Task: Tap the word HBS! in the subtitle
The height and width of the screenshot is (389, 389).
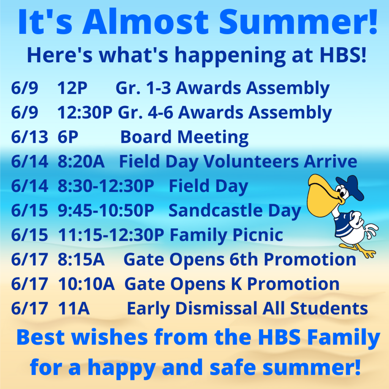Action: [x=343, y=55]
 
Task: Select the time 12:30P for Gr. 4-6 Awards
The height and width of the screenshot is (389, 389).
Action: [x=85, y=112]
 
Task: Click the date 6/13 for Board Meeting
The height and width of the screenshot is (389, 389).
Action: [x=30, y=137]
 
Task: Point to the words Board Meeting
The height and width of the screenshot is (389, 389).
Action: [x=184, y=137]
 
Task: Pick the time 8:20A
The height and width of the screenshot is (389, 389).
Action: [x=81, y=161]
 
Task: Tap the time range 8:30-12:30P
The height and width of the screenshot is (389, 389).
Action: [x=106, y=186]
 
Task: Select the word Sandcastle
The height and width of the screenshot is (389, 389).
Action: [x=216, y=210]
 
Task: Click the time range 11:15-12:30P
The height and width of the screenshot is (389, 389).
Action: [x=111, y=235]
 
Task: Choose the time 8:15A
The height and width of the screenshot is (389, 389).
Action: [x=81, y=259]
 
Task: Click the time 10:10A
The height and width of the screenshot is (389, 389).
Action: [x=86, y=284]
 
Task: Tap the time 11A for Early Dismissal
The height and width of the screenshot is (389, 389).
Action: [x=74, y=308]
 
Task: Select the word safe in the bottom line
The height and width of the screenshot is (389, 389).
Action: [x=233, y=367]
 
